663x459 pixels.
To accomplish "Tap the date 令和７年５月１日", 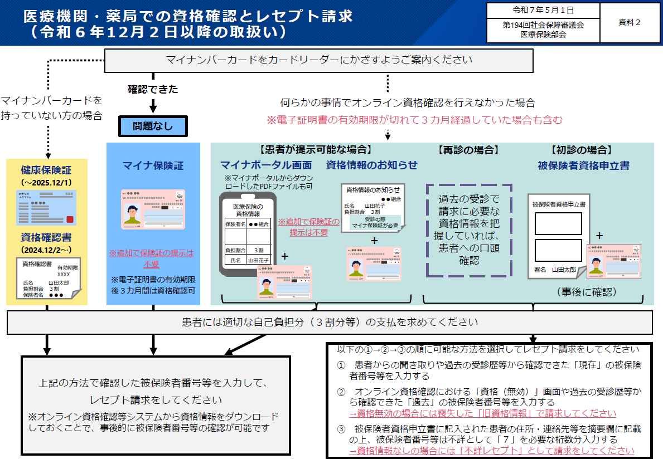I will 543,10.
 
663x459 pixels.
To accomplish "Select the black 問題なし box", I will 152,126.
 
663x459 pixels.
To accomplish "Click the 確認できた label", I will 153,89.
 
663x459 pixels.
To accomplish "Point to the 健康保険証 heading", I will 46,170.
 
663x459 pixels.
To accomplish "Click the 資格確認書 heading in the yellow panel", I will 46,238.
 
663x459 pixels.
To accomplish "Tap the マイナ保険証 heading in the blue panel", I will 153,165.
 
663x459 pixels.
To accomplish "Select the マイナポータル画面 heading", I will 266,165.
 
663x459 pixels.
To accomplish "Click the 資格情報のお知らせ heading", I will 371,165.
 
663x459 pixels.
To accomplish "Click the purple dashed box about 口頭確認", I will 469,229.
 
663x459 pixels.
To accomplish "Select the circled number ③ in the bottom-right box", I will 341,429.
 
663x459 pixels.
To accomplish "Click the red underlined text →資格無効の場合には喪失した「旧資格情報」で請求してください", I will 482,413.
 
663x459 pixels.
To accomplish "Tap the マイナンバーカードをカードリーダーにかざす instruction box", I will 318,60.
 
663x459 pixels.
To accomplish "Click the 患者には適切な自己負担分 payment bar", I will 330,322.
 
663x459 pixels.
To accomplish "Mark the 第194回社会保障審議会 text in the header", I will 543,25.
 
